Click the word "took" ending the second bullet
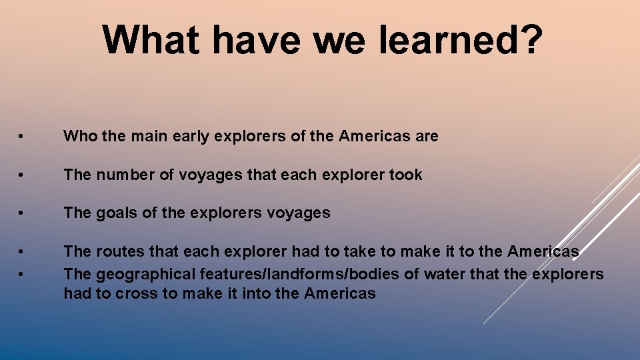(x=406, y=175)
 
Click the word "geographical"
(x=138, y=275)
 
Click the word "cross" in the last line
(x=135, y=293)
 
